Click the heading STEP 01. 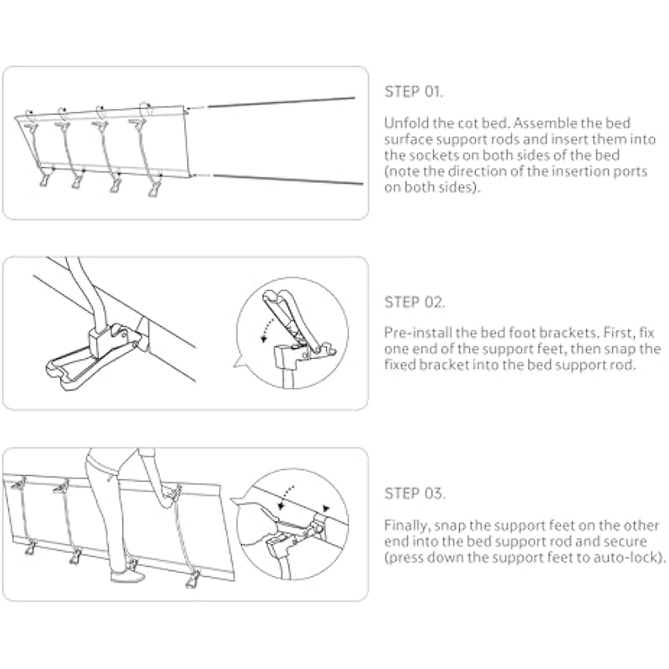coord(413,92)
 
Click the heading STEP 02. coord(414,302)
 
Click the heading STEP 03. coord(414,493)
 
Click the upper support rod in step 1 coord(282,102)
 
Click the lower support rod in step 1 coord(288,179)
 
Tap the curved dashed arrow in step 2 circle coord(266,328)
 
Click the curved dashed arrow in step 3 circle coord(285,496)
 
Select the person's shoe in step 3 coord(128,576)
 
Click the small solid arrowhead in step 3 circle coord(326,508)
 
